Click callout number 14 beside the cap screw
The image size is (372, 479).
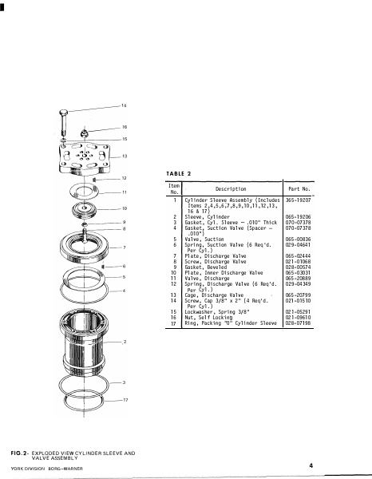[x=124, y=106]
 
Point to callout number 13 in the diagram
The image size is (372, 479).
[x=124, y=156]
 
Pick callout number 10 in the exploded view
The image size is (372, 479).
[x=124, y=208]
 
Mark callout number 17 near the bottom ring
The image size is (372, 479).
[x=125, y=399]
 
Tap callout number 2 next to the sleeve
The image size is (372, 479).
[x=125, y=342]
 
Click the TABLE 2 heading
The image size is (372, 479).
[x=180, y=172]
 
